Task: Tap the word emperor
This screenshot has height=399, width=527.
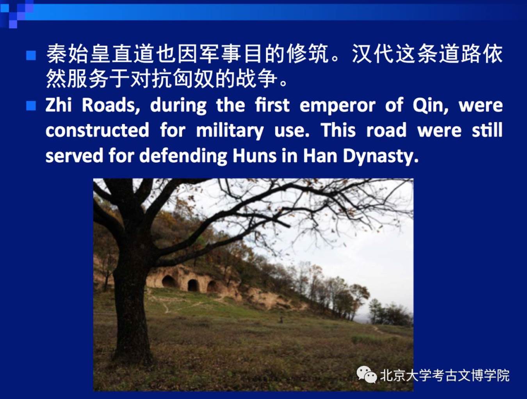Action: [337, 106]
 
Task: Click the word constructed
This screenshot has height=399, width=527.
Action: [97, 130]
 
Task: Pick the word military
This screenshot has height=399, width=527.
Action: [230, 131]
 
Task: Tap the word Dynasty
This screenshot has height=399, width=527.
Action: [381, 156]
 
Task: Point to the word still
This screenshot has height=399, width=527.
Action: [487, 130]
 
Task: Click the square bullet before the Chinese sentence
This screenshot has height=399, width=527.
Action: [31, 55]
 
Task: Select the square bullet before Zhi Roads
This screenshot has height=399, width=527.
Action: [31, 106]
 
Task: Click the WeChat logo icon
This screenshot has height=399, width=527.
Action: [367, 374]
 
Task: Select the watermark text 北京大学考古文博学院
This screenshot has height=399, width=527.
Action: [445, 375]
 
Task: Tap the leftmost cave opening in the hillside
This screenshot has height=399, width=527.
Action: [169, 281]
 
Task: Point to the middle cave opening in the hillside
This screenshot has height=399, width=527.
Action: [193, 285]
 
